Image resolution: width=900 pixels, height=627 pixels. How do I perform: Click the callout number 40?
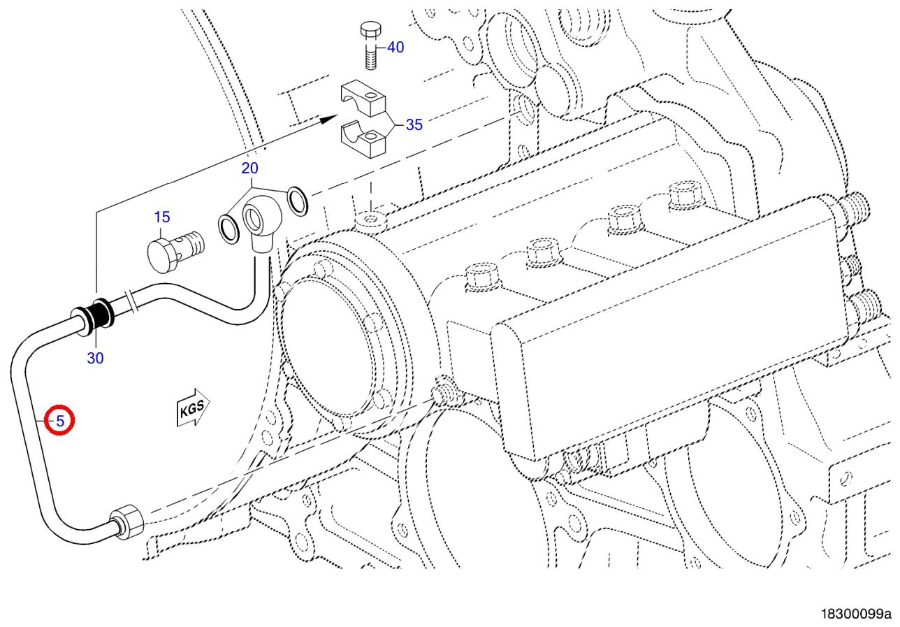coord(395,48)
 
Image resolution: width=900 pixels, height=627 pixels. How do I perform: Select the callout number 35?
coord(414,125)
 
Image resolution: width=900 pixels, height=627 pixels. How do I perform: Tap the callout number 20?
coord(249,168)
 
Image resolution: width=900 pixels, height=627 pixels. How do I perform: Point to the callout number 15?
coord(162,217)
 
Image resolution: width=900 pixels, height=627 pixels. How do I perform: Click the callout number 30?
coord(95,358)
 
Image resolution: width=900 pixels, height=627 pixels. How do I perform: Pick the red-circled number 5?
coord(59,421)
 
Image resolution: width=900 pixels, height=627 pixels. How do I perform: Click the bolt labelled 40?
coord(370,45)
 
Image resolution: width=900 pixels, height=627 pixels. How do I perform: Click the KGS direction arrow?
coord(191,408)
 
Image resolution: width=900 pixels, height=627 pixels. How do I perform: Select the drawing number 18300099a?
coord(857,614)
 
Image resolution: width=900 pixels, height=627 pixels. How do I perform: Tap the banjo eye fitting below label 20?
coord(259,220)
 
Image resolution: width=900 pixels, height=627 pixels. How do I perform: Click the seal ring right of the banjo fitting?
coord(298,200)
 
